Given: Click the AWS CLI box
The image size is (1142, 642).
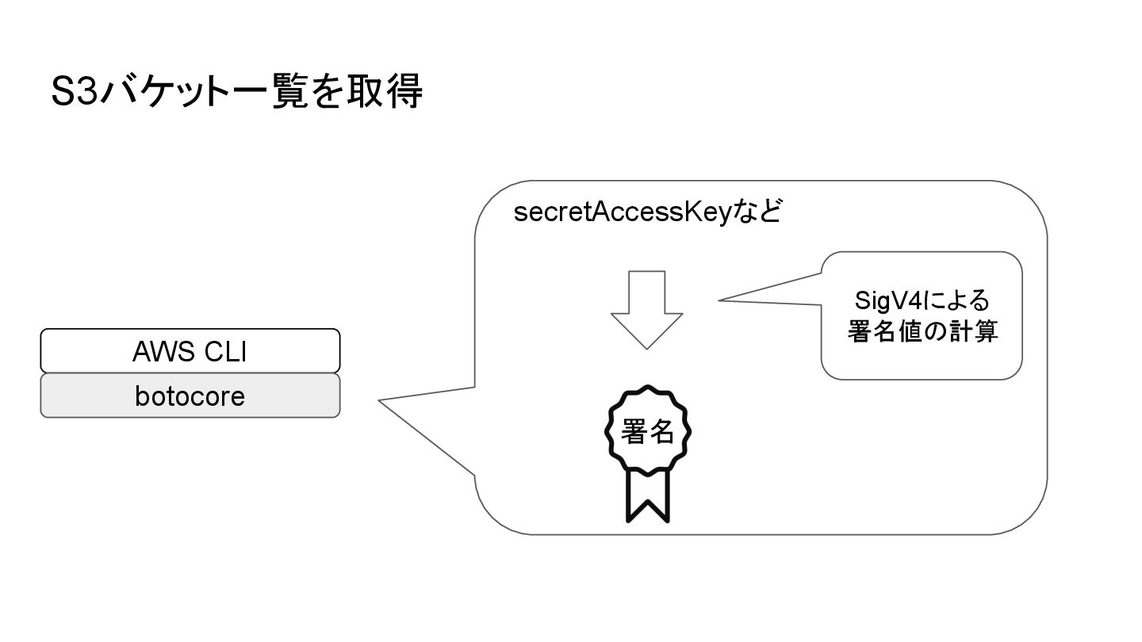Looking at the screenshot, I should [x=190, y=350].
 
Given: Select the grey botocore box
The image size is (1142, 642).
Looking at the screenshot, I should [x=190, y=396].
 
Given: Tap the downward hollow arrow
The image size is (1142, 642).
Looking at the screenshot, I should [x=646, y=309].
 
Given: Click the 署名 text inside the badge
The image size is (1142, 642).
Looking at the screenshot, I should [x=649, y=432].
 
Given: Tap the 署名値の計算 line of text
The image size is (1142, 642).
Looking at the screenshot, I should [x=922, y=332].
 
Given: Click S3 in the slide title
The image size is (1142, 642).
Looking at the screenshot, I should [x=73, y=93].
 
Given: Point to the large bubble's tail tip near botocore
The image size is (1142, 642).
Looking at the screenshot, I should [x=380, y=401].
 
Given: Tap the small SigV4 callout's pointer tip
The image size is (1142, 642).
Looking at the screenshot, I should [x=719, y=300].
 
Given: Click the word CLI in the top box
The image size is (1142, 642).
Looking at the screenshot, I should [x=225, y=351].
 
